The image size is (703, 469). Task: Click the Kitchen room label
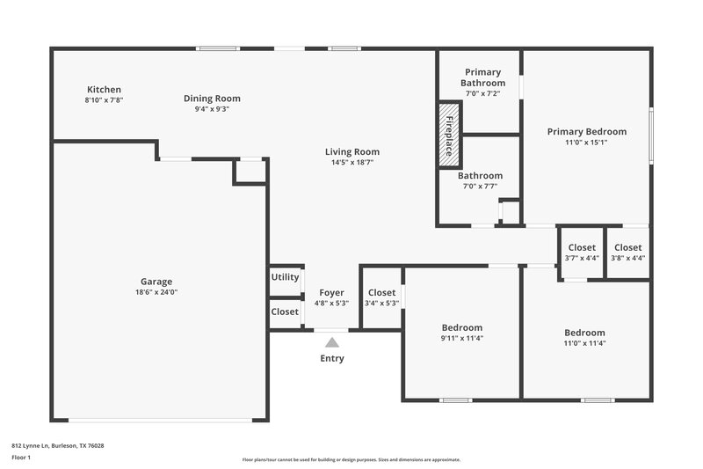(104, 90)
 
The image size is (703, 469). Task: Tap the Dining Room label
(212, 99)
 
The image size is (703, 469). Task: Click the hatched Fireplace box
(449, 136)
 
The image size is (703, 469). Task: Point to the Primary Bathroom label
(482, 77)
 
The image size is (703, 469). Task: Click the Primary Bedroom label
(586, 131)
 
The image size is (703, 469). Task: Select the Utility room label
(286, 277)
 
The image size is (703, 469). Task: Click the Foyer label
(331, 293)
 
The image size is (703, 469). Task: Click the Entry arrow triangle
(331, 341)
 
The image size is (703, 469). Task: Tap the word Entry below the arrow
(332, 358)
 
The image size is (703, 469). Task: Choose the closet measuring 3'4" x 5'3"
(381, 298)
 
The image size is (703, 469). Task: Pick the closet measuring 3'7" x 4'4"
(582, 253)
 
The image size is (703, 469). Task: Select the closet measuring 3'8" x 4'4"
(627, 253)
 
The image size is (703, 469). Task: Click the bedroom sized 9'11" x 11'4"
(462, 333)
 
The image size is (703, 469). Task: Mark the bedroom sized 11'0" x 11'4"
(584, 338)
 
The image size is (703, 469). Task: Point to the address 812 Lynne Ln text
(58, 446)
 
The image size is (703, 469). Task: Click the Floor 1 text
(21, 458)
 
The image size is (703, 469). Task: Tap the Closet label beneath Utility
(285, 311)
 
